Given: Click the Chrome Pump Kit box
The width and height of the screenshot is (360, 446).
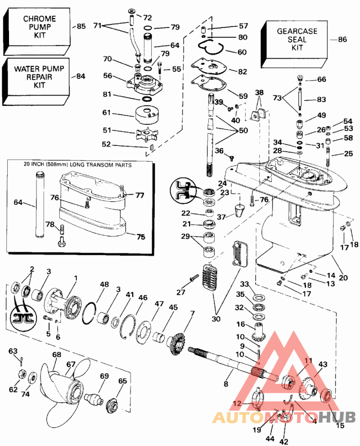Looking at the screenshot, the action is pos(37,31).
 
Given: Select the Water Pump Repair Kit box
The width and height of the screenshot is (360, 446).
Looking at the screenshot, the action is pos(36,81).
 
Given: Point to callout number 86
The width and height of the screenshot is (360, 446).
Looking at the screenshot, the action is pos(342,39).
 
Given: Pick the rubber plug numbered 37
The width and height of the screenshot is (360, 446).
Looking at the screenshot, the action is pos(240,210).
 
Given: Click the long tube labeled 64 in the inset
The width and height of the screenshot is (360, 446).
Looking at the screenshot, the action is pos(40,205).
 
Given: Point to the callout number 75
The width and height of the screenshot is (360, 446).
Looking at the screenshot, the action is pos(141,237).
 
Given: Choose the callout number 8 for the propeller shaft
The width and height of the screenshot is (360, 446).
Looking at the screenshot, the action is pos(226,384).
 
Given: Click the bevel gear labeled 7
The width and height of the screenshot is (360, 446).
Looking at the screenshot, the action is pos(177,344).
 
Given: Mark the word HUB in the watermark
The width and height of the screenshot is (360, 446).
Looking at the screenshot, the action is pos(337,417).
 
